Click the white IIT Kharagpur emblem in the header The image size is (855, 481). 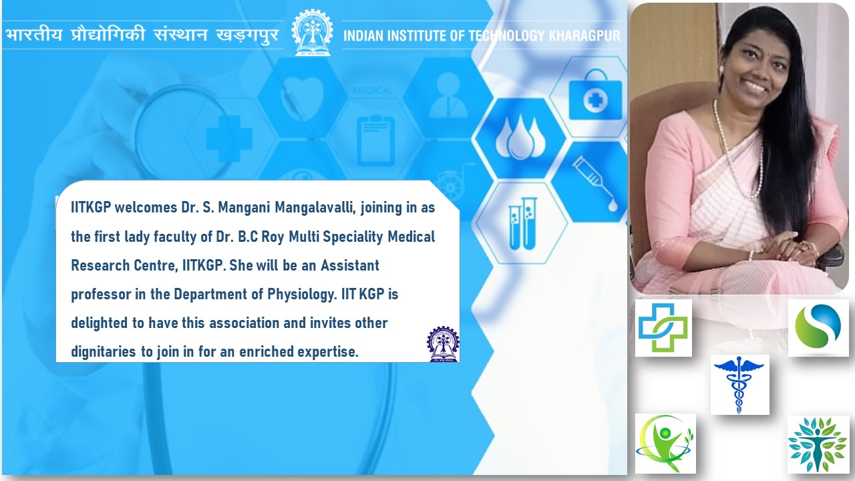coord(312,33)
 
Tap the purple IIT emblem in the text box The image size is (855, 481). coord(443,344)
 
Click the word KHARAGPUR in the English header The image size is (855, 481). coord(584,36)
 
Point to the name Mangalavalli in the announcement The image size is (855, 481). coord(315,208)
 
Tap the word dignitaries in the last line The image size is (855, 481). coord(104,351)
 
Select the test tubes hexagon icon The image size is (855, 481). coord(523,223)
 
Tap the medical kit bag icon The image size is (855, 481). coord(595,96)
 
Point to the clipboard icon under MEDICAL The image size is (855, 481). coord(375,140)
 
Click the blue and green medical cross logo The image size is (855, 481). coord(663,327)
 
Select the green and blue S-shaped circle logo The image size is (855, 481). coord(818,327)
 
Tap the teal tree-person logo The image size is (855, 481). coord(817,444)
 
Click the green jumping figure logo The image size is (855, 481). coord(665,444)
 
